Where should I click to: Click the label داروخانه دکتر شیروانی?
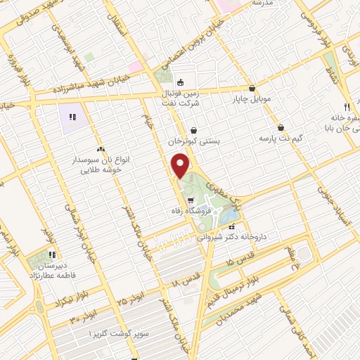tap(245, 237)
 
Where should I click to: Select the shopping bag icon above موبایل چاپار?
tap(241, 89)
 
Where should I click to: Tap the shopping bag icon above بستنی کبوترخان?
tap(193, 130)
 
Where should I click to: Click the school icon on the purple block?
tap(72, 116)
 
